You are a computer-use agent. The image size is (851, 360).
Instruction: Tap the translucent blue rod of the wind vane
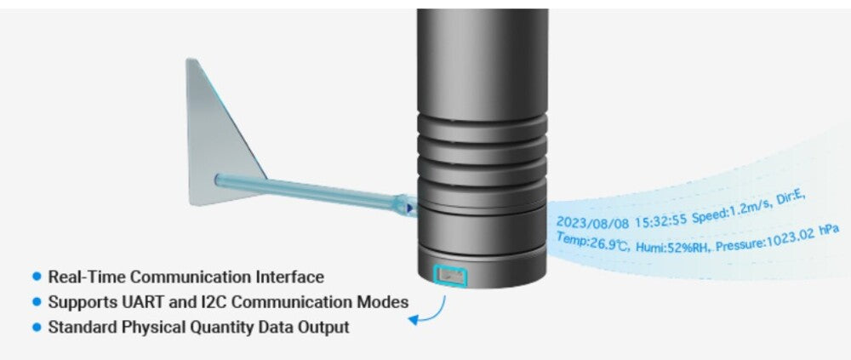(x=306, y=191)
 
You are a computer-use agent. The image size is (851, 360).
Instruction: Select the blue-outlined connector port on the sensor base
(x=452, y=275)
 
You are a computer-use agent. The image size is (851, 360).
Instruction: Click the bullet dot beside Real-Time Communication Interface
(x=37, y=277)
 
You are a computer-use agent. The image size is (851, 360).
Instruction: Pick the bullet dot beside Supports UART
(x=37, y=302)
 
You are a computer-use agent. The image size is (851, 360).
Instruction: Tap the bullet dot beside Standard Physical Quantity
(x=37, y=327)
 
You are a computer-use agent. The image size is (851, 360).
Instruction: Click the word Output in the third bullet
(x=324, y=327)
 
